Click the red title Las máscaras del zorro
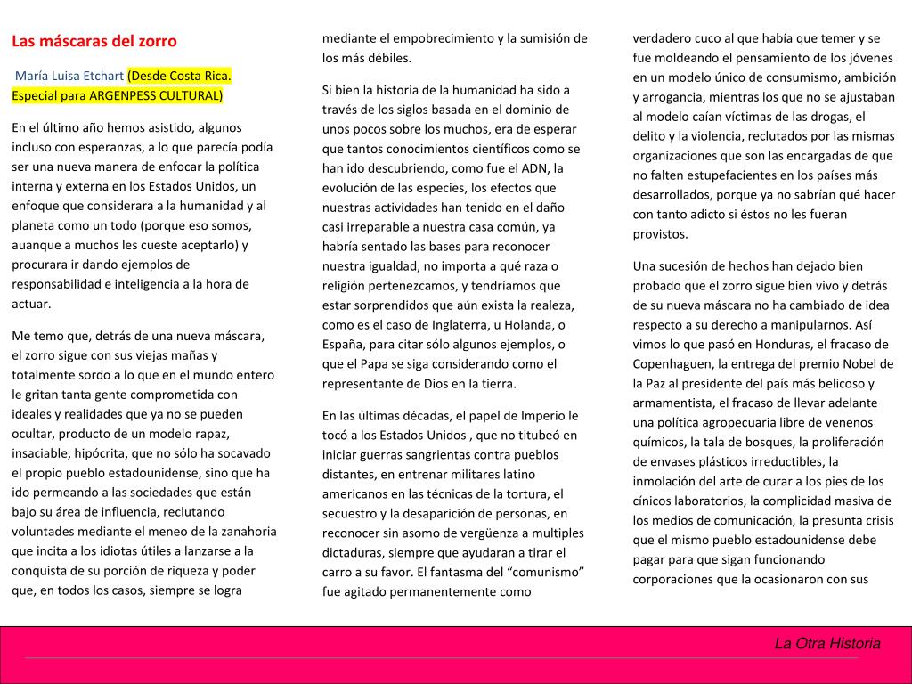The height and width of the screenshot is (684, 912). point(94,41)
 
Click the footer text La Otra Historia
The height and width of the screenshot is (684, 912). point(827,644)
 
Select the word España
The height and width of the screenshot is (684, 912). point(343,344)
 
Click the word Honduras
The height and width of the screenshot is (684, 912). point(786,344)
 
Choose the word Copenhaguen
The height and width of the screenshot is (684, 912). point(672,363)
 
